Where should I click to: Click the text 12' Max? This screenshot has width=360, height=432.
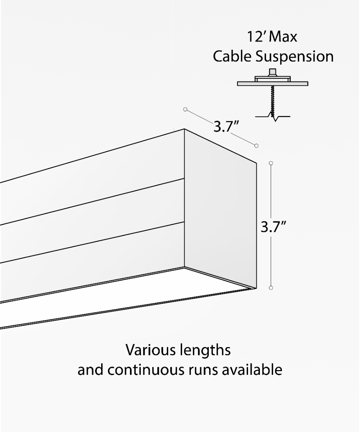pyautogui.click(x=272, y=37)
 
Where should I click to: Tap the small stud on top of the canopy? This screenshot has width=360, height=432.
pyautogui.click(x=273, y=72)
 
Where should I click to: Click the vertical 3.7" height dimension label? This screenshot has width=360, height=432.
pyautogui.click(x=274, y=228)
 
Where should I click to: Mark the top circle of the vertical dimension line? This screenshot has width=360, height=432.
pyautogui.click(x=271, y=163)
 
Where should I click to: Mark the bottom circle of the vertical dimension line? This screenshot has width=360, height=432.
pyautogui.click(x=271, y=288)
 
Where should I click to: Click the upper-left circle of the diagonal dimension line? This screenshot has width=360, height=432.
pyautogui.click(x=185, y=109)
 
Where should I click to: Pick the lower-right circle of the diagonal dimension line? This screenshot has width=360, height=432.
pyautogui.click(x=256, y=145)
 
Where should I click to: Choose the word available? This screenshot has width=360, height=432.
pyautogui.click(x=252, y=370)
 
